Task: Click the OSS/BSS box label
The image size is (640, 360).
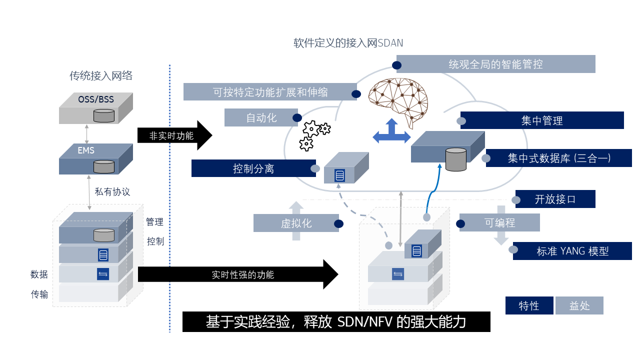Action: [x=96, y=99]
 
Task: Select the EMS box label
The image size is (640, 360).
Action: [x=86, y=150]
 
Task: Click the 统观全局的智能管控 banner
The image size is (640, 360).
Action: [x=495, y=64]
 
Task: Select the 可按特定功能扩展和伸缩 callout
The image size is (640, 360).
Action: [x=270, y=92]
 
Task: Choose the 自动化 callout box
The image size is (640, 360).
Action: [x=261, y=118]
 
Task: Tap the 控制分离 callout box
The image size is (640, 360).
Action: [x=253, y=168]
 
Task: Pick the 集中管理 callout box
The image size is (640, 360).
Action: [x=542, y=120]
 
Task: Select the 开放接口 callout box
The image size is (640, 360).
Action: [x=555, y=199]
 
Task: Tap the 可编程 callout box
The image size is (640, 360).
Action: [x=499, y=222]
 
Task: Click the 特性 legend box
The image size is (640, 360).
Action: [x=529, y=305]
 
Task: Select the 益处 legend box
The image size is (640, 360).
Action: [x=579, y=305]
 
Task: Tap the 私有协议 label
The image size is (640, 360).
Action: [x=112, y=191]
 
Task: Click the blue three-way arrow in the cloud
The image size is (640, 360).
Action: [x=391, y=132]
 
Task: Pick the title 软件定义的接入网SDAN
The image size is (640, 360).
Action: [x=348, y=43]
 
